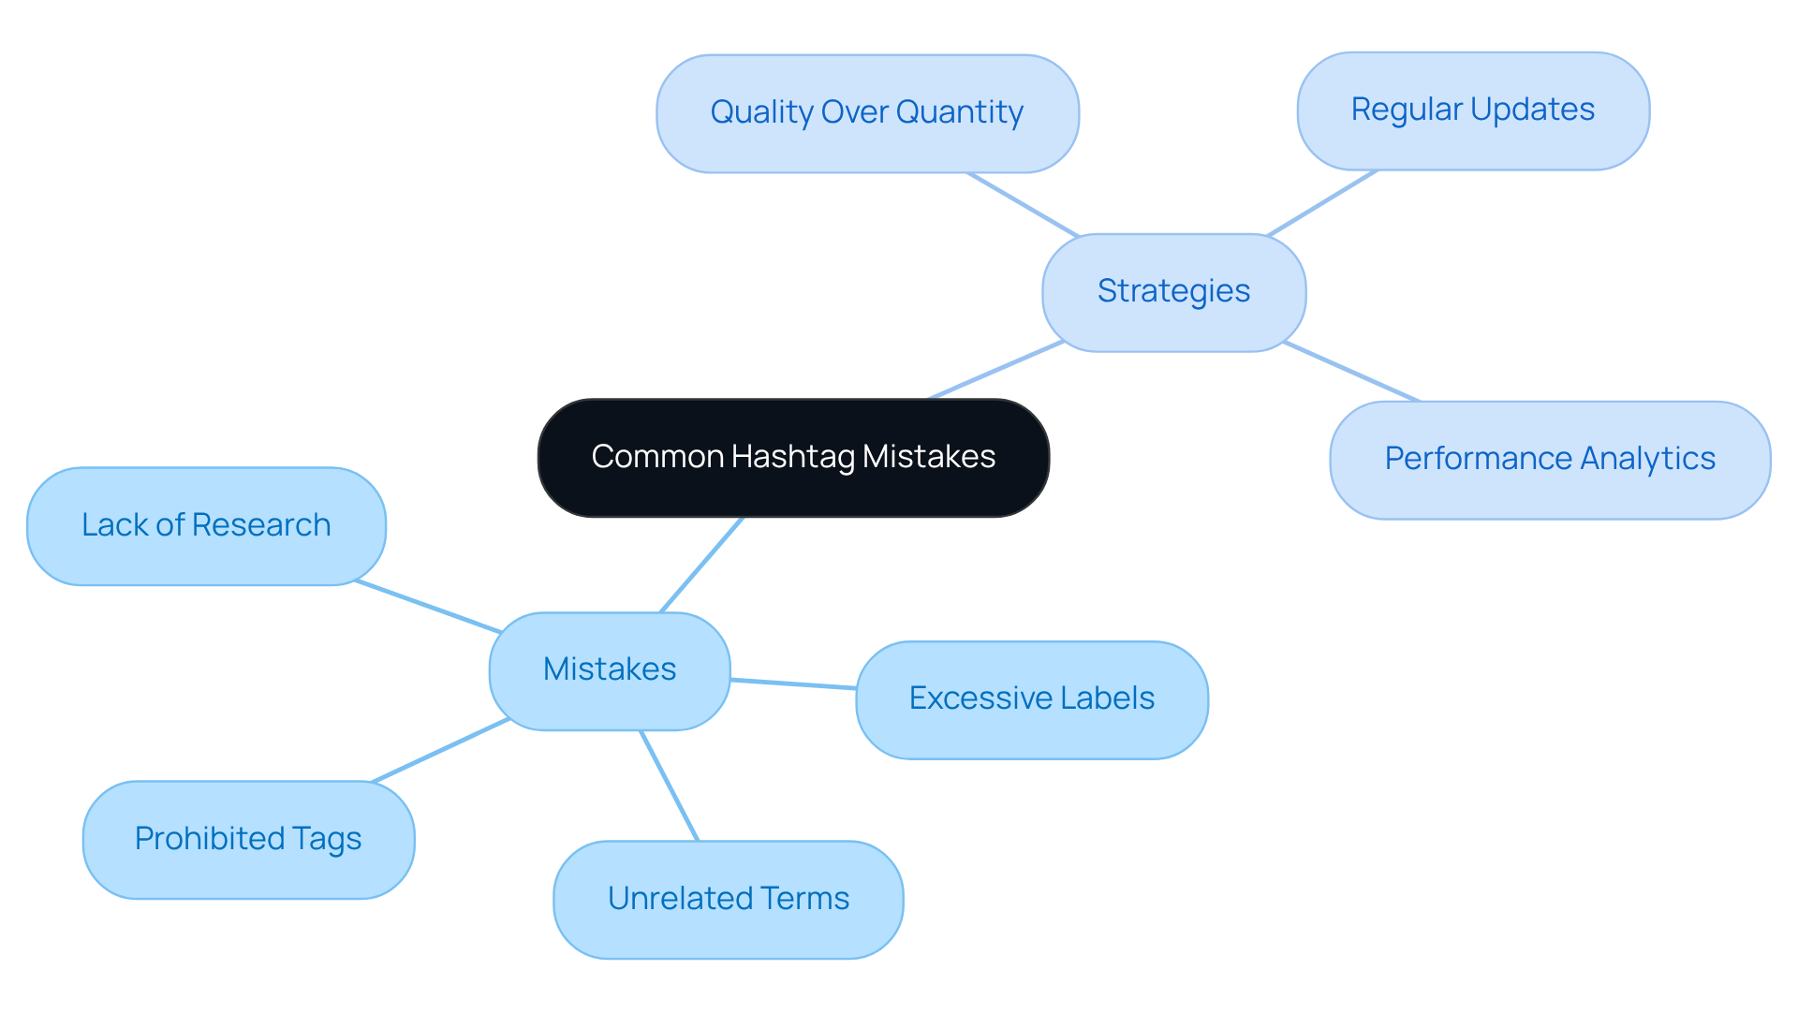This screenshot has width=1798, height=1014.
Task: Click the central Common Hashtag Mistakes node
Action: [x=793, y=458]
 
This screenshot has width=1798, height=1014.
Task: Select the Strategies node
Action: [x=1173, y=292]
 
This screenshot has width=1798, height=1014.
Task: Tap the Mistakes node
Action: [x=609, y=670]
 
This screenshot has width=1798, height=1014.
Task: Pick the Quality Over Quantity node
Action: [x=867, y=113]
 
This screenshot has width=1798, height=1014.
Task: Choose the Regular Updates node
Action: [x=1472, y=110]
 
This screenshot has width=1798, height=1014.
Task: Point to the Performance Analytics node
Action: [x=1550, y=460]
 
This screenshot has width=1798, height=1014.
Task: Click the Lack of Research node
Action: [x=206, y=526]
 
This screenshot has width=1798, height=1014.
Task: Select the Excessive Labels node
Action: [x=1031, y=699]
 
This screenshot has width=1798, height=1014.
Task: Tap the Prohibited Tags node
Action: [x=248, y=840]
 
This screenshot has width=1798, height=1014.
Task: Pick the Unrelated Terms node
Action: [x=728, y=899]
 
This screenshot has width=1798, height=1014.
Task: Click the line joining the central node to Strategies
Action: [x=996, y=370]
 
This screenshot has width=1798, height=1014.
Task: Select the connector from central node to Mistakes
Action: [x=701, y=565]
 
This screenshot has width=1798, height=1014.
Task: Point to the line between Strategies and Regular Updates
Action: [x=1321, y=202]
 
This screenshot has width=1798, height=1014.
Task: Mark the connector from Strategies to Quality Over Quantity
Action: [x=1023, y=204]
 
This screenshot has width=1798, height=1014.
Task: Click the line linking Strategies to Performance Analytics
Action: [x=1351, y=372]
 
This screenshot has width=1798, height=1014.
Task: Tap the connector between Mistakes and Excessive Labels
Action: [x=793, y=684]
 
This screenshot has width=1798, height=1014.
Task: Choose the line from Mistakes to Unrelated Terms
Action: [x=670, y=786]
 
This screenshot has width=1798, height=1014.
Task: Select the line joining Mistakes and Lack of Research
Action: [x=428, y=607]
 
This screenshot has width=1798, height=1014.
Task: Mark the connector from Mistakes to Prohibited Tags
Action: [x=440, y=750]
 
